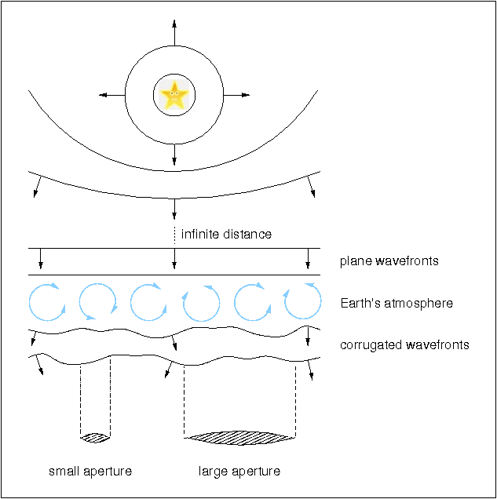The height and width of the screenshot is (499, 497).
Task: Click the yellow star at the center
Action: [174, 96]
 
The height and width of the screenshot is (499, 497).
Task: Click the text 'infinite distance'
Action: [226, 234]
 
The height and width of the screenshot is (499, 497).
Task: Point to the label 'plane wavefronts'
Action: [389, 260]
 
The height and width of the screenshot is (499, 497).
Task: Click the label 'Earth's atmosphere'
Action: [397, 303]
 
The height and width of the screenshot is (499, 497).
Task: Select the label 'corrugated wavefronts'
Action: [404, 344]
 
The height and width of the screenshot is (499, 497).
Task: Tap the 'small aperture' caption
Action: [90, 471]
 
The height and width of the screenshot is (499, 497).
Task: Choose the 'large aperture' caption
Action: [239, 471]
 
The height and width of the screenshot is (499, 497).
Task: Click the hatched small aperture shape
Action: [96, 436]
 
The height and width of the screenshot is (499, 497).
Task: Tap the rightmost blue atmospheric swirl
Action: [301, 302]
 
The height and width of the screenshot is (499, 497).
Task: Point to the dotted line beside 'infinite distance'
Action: [174, 234]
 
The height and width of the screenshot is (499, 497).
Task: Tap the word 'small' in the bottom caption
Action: [64, 471]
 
